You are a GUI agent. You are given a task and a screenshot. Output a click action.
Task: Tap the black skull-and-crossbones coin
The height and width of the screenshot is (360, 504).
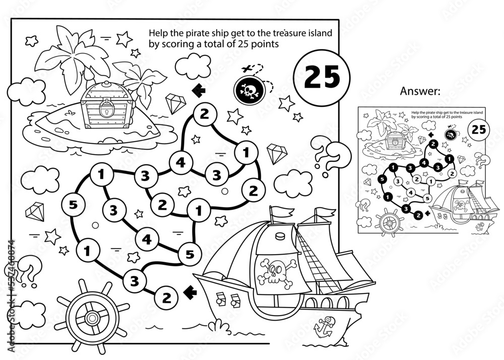pos(247,89)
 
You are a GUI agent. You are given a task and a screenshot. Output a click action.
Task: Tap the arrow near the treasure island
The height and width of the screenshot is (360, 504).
pos(200,90)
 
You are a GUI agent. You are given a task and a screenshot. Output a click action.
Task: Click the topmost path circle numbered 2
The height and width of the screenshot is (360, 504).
pos(204,114)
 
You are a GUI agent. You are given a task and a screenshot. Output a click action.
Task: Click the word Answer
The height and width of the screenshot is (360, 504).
pos(420,91)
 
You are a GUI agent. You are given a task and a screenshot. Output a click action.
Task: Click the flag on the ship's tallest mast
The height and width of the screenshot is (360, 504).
pos(278,215)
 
